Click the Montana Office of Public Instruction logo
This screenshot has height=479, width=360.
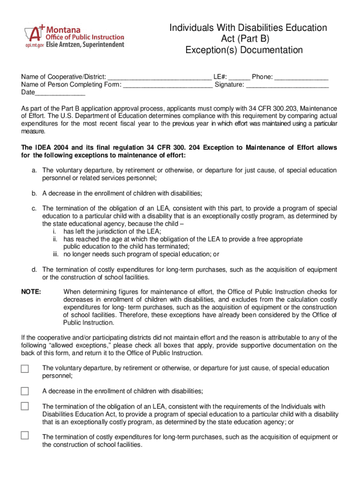(75, 36)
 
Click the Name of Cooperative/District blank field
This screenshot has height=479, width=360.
(159, 77)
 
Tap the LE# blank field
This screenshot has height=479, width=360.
(239, 77)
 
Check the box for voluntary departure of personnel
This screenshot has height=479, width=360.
(25, 369)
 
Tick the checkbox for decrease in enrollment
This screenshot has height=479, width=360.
(25, 391)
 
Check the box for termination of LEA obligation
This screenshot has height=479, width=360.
(25, 406)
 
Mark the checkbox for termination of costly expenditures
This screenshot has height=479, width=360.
(25, 435)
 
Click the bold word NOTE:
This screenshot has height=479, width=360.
(31, 292)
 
